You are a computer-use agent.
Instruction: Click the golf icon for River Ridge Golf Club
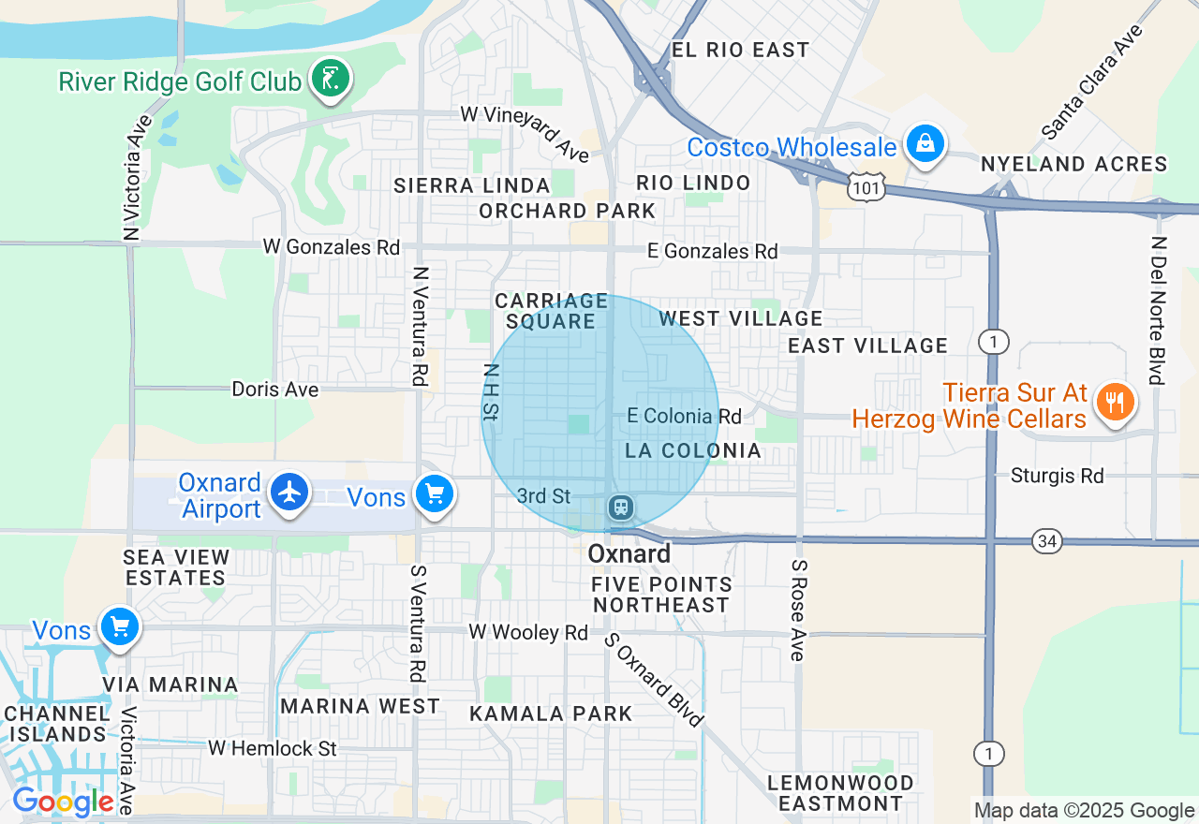tap(330, 80)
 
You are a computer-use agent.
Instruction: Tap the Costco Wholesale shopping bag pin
tap(925, 145)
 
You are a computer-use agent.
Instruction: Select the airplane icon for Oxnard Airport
tap(290, 493)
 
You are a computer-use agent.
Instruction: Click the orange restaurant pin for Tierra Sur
tap(1114, 403)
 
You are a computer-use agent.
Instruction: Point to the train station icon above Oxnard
tap(619, 508)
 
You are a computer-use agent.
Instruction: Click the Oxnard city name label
tap(629, 554)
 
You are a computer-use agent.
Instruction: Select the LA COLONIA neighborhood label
tap(693, 451)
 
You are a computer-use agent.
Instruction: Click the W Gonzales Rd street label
tap(332, 247)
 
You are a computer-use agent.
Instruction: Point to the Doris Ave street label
tap(275, 389)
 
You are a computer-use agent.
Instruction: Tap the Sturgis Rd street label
tap(1058, 477)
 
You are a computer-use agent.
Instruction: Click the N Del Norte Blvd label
tap(1159, 310)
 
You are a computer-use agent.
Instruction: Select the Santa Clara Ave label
tap(1094, 82)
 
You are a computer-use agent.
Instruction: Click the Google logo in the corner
tap(63, 802)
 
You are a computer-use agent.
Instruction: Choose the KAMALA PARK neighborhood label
tap(551, 714)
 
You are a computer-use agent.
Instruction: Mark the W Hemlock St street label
tap(272, 749)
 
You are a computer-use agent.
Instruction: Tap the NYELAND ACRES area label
tap(1073, 165)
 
